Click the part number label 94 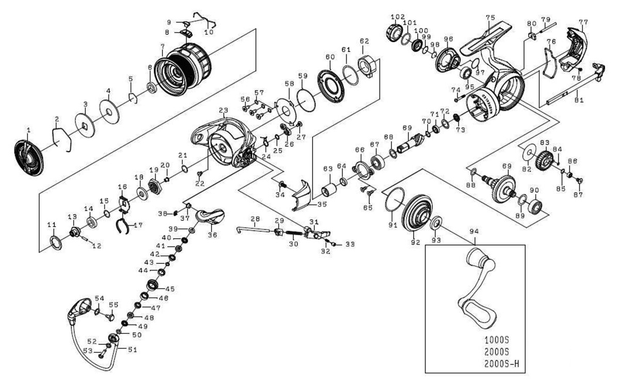[474, 232]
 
